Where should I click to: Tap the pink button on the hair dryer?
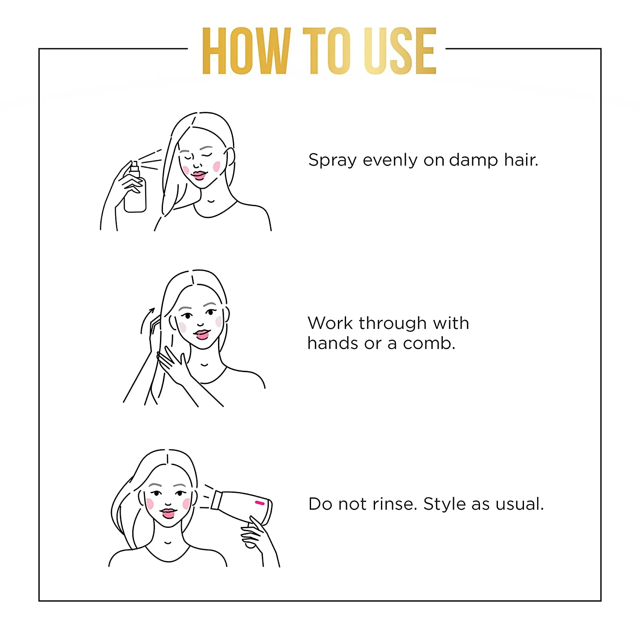(x=259, y=503)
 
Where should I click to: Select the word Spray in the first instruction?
(x=333, y=161)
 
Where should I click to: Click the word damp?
(x=474, y=161)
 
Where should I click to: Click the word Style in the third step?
(x=445, y=505)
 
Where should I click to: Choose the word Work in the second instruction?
(x=331, y=323)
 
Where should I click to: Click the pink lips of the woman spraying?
(x=199, y=175)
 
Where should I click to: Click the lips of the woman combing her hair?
(x=202, y=334)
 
